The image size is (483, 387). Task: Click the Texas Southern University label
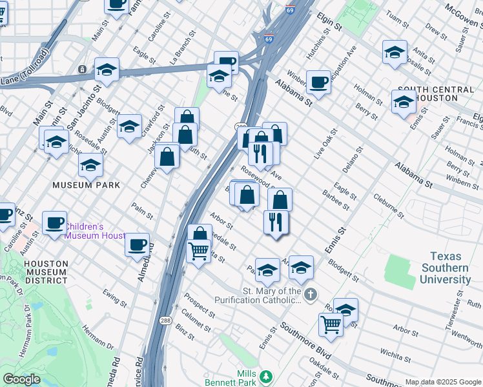tap(445, 268)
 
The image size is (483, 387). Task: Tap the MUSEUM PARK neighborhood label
tap(87, 185)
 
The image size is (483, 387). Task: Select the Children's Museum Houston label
tap(94, 231)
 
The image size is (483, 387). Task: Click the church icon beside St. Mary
tap(311, 295)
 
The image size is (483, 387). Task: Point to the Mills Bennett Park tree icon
tap(265, 375)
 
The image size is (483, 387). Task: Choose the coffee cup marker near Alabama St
tap(318, 82)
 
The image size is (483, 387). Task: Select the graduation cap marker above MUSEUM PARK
tap(91, 165)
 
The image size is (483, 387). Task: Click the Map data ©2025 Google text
tap(442, 382)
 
